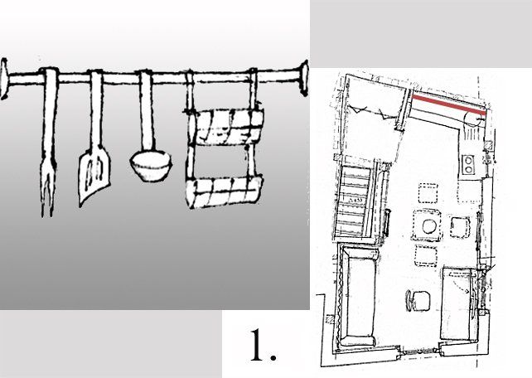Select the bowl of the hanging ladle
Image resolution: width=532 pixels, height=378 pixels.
(151, 166)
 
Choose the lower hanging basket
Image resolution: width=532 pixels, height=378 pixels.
(225, 193)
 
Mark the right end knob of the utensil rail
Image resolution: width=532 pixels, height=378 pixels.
(303, 76)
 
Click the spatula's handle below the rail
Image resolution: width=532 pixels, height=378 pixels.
(94, 112)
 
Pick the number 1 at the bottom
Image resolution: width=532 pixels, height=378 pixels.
(263, 346)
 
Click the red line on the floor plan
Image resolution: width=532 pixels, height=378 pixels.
(447, 105)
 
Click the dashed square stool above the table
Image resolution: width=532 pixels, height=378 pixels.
(428, 196)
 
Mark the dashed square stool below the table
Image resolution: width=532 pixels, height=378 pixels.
(428, 254)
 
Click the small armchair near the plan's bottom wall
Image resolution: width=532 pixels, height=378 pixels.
(417, 300)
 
